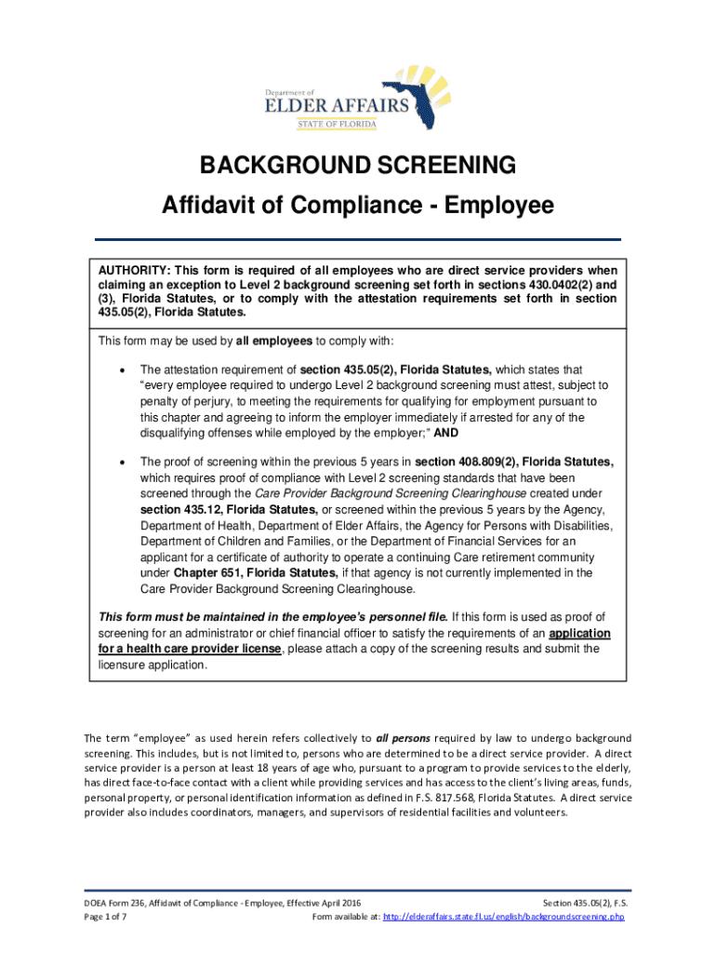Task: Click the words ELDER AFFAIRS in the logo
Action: (x=350, y=105)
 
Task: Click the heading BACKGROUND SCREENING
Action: (x=358, y=166)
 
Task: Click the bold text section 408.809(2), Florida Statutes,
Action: (x=514, y=462)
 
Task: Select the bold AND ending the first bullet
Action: (x=445, y=434)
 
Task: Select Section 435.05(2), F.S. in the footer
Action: (x=583, y=903)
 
